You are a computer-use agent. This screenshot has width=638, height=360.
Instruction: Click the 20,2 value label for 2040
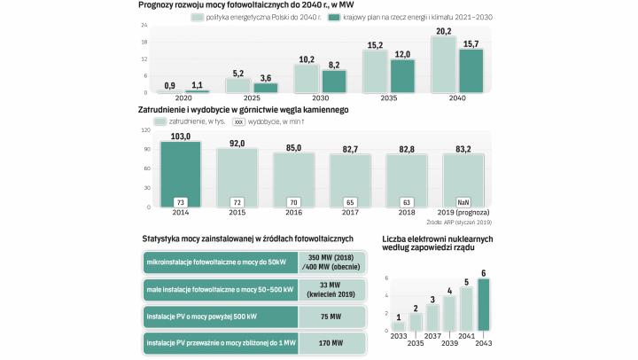point(443,30)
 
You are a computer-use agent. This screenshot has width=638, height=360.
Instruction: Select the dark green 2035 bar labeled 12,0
point(402,75)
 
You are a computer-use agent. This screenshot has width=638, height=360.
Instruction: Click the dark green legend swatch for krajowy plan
point(335,18)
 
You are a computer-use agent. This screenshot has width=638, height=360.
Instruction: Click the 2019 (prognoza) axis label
point(464,214)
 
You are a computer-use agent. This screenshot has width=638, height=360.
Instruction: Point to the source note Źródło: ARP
point(464,222)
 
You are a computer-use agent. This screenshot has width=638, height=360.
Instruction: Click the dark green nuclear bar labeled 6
point(483,305)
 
